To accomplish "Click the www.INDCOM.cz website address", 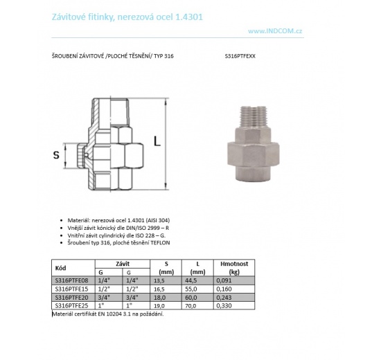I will click(x=278, y=31).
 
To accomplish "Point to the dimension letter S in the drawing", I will click(x=56, y=155).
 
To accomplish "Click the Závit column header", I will click(x=123, y=264).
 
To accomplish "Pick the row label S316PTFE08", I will click(x=71, y=280).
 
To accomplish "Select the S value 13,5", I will click(x=161, y=280).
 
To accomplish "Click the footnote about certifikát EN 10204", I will click(x=107, y=314).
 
